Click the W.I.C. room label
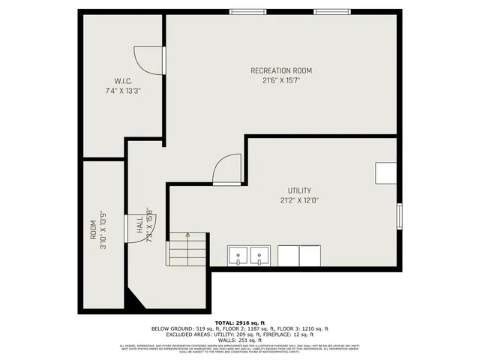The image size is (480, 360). click(123, 81)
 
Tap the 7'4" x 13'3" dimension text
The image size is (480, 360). click(123, 90)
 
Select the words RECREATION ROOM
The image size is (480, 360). click(281, 70)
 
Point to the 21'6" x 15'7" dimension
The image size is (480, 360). click(281, 80)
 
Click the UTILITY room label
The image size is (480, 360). click(299, 190)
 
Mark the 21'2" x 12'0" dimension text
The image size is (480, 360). click(299, 200)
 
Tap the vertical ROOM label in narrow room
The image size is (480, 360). click(94, 229)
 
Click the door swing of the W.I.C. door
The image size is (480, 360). click(148, 59)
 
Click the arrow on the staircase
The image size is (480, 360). click(187, 235)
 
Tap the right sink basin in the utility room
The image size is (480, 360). click(260, 256)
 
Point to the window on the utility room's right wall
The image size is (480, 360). click(400, 216)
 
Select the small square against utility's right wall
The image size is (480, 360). click(386, 173)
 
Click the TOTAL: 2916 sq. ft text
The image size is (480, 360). click(240, 322)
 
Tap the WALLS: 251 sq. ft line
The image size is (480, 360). click(240, 339)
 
